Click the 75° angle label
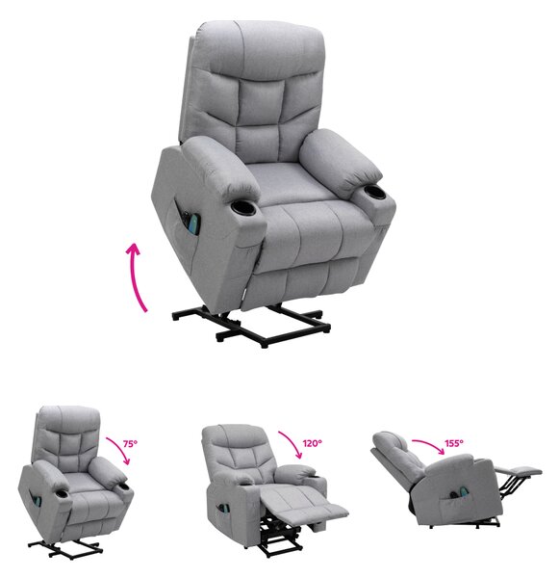click(130, 443)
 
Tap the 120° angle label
click(313, 443)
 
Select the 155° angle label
click(454, 443)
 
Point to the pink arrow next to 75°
click(120, 449)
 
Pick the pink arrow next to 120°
click(292, 442)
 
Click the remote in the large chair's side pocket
click(192, 222)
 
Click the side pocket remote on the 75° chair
click(38, 499)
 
